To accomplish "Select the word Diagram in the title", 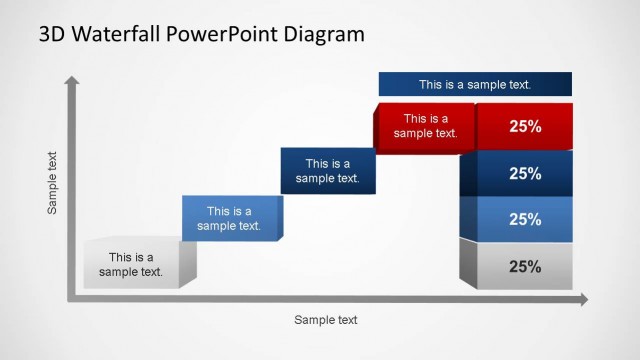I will click(322, 34).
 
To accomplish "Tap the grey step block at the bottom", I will click(131, 265).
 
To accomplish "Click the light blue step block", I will click(229, 219).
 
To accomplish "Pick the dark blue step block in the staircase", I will click(327, 171).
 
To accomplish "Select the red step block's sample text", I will click(425, 125).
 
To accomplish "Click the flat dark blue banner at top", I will click(475, 85).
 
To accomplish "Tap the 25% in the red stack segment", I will click(525, 127).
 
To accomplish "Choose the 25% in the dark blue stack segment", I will click(525, 174).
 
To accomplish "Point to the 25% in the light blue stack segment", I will click(525, 220).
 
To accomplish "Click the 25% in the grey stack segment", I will click(525, 267).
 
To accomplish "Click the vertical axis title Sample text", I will click(53, 184).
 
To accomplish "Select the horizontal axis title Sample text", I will click(325, 320).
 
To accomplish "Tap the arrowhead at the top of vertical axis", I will click(72, 80).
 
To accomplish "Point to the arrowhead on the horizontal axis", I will click(583, 299).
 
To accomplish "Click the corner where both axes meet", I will click(72, 298).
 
